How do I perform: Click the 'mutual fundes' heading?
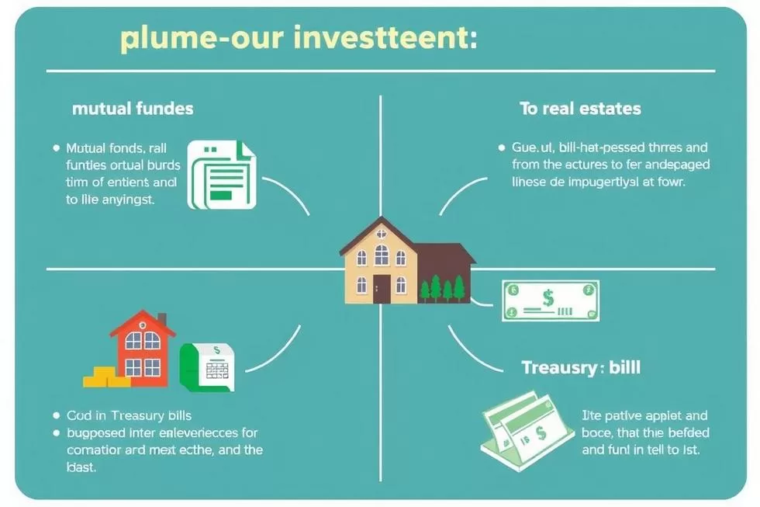click(133, 108)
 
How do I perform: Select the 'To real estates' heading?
click(580, 108)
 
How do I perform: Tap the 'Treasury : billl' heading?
click(581, 367)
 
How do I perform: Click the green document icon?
click(222, 175)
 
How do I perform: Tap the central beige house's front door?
click(382, 289)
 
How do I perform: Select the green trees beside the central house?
click(442, 288)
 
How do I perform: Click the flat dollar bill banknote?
click(550, 300)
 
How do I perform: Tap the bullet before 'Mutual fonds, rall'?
click(55, 148)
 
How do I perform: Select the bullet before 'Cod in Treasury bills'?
click(55, 416)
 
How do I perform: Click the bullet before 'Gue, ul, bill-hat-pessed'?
click(500, 147)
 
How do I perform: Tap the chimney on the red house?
click(161, 320)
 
